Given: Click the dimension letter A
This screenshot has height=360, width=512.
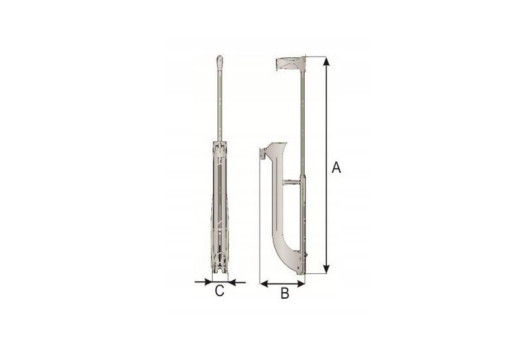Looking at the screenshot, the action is (x=337, y=168).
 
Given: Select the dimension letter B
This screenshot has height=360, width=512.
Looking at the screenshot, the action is (x=285, y=293).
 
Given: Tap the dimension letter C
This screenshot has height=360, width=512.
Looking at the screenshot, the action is (x=220, y=290).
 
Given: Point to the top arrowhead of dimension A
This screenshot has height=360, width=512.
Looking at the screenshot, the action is (x=325, y=61).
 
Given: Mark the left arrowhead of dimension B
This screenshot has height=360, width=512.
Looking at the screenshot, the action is (x=264, y=284).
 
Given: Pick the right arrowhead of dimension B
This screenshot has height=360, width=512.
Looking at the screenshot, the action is (x=301, y=284).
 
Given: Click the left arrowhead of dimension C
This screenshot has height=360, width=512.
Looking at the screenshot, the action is (x=208, y=281).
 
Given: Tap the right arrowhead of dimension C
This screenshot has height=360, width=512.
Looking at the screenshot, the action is (x=232, y=281).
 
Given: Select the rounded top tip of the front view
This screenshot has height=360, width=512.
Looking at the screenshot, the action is (x=220, y=60).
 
